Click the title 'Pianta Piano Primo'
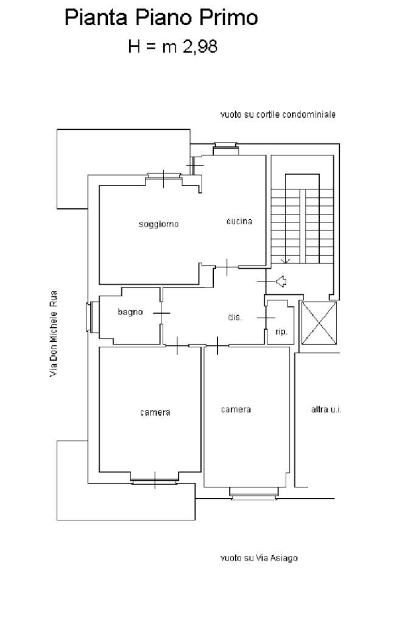(161, 18)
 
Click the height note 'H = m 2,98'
(172, 46)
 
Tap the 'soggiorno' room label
(159, 224)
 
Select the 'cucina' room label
(239, 221)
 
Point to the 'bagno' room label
(130, 313)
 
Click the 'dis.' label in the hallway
(234, 317)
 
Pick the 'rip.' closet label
(281, 332)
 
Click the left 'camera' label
(155, 413)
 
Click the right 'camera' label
(236, 409)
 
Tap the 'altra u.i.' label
(326, 409)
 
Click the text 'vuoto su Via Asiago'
(259, 558)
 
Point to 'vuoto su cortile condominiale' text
(278, 115)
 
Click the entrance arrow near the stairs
(281, 282)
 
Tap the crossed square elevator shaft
(319, 323)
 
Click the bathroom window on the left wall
(89, 317)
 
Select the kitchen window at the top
(225, 149)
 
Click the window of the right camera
(254, 493)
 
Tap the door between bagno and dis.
(161, 313)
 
